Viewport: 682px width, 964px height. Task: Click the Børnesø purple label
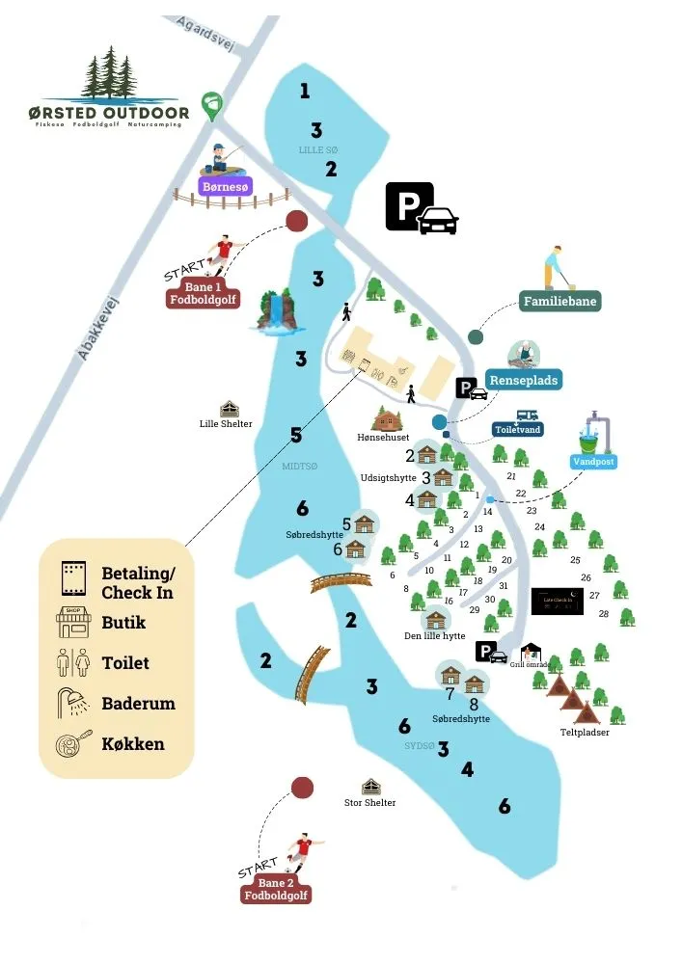(x=225, y=186)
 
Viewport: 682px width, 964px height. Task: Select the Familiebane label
(x=560, y=302)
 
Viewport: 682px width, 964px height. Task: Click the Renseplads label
(x=523, y=380)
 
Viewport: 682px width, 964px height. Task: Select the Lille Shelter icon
(x=230, y=409)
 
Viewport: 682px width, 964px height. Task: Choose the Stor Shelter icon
(x=370, y=788)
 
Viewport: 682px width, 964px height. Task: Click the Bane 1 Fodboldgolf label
(x=203, y=294)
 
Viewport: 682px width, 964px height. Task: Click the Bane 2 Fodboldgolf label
(x=277, y=890)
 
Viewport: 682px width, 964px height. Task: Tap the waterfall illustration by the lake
(x=278, y=311)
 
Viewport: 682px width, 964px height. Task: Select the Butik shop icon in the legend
(x=72, y=622)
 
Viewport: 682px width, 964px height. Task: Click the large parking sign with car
(x=422, y=208)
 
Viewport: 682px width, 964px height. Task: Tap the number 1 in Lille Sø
(x=305, y=92)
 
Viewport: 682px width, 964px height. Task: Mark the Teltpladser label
(x=586, y=733)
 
